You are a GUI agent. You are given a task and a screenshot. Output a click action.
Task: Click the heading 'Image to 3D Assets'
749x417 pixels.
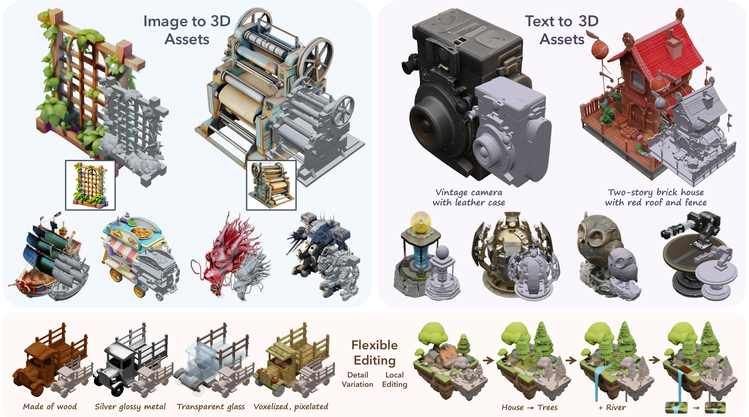click(x=187, y=30)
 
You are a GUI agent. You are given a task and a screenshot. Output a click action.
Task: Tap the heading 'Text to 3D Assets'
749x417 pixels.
click(x=561, y=30)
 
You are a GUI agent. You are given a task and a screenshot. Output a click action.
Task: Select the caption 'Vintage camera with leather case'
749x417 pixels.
click(x=469, y=198)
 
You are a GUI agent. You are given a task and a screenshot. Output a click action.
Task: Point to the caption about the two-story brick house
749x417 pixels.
click(x=656, y=198)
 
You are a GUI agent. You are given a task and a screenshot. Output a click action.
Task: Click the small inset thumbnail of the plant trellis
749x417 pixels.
click(x=90, y=185)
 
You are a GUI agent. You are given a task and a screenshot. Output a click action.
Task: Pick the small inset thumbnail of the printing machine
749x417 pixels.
click(x=271, y=185)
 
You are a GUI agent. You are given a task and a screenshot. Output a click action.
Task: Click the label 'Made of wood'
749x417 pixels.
click(x=50, y=406)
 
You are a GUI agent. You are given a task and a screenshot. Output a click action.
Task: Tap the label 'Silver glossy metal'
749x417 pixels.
click(x=130, y=406)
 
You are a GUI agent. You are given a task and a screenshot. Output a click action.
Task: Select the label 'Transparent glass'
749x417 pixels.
click(x=211, y=406)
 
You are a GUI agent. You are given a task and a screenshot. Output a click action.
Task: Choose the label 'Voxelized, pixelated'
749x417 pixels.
click(x=291, y=406)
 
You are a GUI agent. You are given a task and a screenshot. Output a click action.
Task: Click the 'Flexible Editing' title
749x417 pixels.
click(x=374, y=352)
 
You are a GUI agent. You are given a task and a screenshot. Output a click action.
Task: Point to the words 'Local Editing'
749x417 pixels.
click(x=394, y=379)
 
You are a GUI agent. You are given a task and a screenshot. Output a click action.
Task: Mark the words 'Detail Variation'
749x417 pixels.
click(x=357, y=379)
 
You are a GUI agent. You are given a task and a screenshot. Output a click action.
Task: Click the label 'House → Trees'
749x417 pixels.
click(x=529, y=407)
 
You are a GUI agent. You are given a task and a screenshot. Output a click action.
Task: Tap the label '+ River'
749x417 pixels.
click(x=612, y=407)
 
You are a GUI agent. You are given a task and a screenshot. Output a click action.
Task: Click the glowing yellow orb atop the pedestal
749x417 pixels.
click(x=420, y=223)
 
